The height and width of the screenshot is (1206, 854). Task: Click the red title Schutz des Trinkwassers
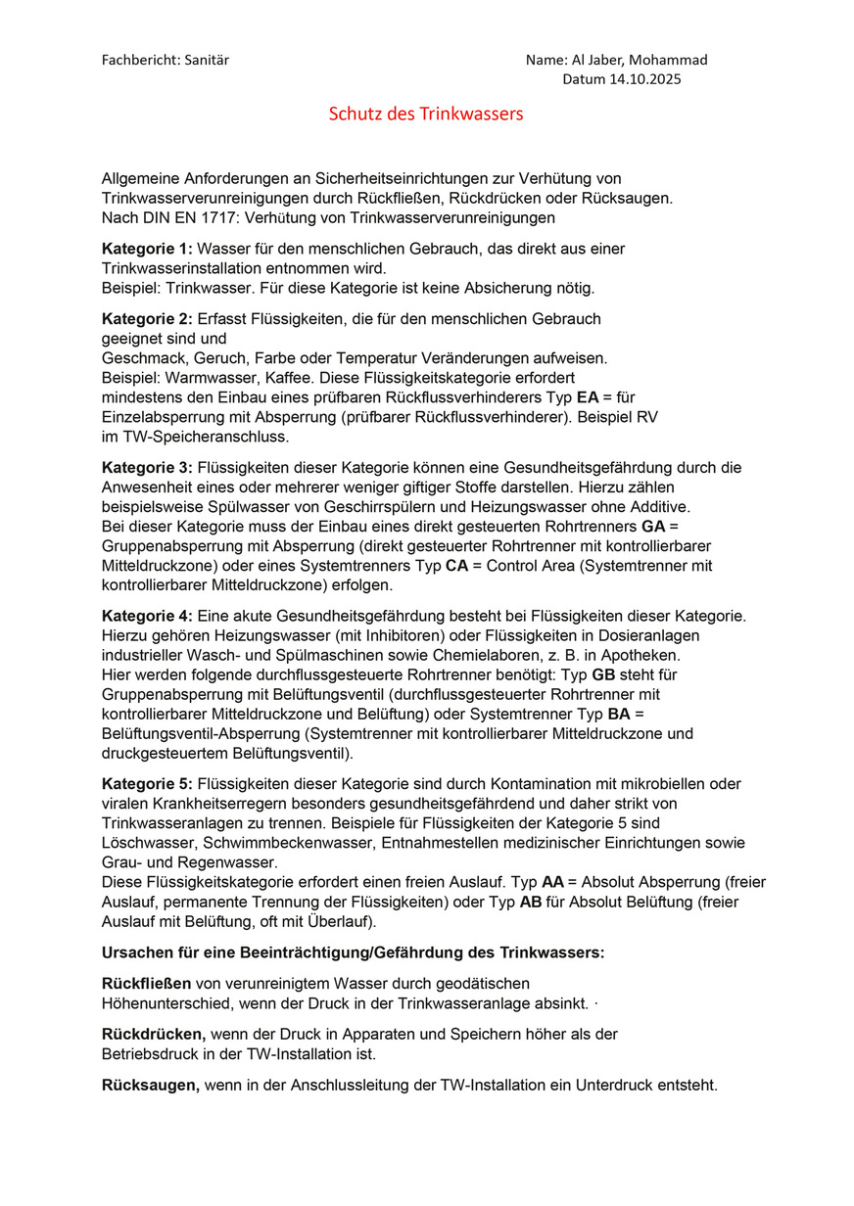(426, 115)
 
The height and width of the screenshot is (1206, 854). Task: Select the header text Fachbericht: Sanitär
(166, 60)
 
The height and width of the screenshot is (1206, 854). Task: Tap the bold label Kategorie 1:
(147, 249)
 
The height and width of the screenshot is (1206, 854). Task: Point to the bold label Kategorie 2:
(147, 319)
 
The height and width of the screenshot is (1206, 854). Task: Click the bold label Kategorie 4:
(147, 616)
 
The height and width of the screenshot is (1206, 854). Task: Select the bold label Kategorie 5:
(147, 783)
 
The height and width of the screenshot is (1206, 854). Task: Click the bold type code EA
(588, 397)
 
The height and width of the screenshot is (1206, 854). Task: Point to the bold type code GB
(604, 674)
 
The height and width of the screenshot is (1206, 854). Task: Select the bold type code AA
(552, 882)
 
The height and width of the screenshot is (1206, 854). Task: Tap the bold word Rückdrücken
(153, 1035)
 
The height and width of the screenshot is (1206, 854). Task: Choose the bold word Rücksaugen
(151, 1086)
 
